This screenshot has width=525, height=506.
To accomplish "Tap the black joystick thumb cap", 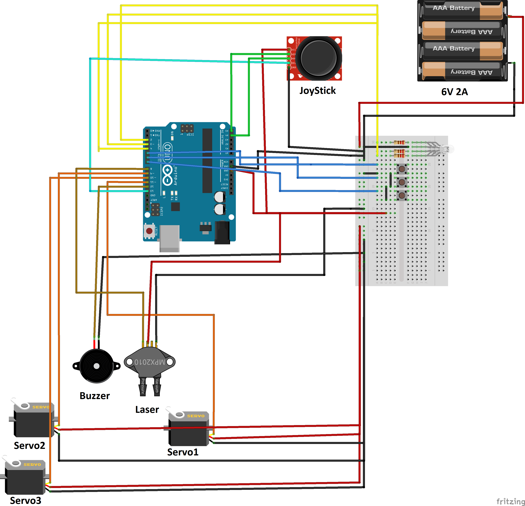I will click(x=319, y=58).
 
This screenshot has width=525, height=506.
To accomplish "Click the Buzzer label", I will click(x=95, y=396).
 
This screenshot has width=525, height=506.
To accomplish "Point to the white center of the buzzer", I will click(x=96, y=366).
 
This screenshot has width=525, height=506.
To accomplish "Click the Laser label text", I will click(x=147, y=410).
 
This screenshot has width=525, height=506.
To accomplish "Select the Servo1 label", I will click(x=183, y=452).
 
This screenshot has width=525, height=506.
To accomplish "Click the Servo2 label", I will click(x=29, y=446).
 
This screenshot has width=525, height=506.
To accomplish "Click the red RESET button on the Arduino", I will click(x=149, y=231).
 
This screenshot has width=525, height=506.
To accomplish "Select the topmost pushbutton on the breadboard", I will click(x=402, y=169).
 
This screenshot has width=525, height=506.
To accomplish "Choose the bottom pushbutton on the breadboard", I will click(x=402, y=195).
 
